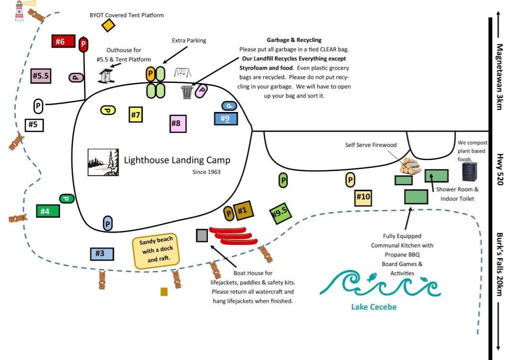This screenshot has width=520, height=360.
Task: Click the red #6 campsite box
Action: coord(63,41)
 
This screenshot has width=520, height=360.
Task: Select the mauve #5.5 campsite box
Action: coord(40,76)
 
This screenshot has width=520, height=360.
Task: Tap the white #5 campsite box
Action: coord(34,124)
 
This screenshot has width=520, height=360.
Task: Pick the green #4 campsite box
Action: coord(48,211)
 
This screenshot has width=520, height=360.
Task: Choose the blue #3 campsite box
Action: coord(101,253)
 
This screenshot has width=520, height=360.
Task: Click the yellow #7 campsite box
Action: coord(135,114)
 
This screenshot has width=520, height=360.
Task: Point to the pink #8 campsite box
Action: coord(178,123)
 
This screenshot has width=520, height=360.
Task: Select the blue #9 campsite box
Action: coord(226,118)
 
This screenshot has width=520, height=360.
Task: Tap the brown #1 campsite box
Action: coord(243,210)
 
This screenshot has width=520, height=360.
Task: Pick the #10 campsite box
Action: coord(363,197)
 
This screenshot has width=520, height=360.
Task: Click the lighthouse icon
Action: coord(19,10)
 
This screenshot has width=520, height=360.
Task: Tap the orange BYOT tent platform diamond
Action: coord(108,25)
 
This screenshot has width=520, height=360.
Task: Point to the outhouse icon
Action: coord(105,76)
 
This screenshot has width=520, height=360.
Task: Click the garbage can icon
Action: coord(187,91)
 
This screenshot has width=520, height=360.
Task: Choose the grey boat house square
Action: coord(202,235)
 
